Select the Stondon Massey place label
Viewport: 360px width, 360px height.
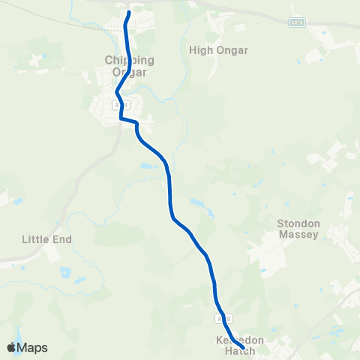(x=298, y=229)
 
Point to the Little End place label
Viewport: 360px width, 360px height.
(x=46, y=239)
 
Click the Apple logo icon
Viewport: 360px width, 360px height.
(x=11, y=347)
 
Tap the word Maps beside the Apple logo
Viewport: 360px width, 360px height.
(x=33, y=347)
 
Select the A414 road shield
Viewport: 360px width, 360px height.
(x=297, y=23)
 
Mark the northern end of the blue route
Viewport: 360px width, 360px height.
(x=129, y=13)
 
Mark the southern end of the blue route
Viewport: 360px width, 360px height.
(x=242, y=347)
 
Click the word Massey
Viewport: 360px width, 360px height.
(x=298, y=235)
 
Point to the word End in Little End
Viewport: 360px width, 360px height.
(x=61, y=239)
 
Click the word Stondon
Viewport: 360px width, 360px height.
(x=298, y=223)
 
